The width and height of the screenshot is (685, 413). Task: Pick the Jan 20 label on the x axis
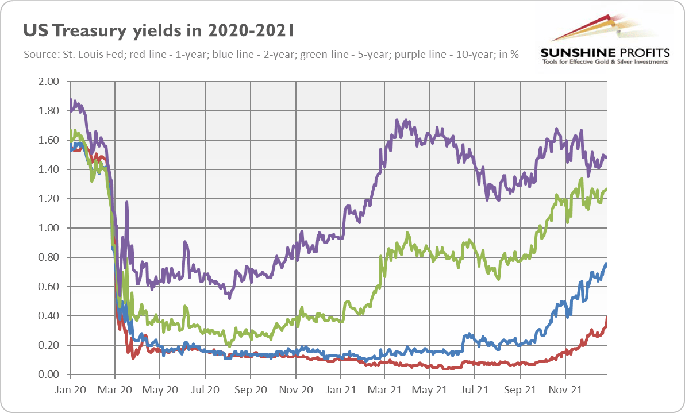coord(70,389)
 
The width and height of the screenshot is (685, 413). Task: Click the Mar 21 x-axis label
coord(386,389)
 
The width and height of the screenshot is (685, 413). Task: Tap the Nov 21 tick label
coord(565,389)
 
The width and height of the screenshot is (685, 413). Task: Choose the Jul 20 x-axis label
coord(205,389)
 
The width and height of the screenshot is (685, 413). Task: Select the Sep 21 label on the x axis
coord(521,389)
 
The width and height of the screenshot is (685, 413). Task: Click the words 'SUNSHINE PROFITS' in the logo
coord(605,53)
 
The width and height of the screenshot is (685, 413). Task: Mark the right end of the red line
coord(607,318)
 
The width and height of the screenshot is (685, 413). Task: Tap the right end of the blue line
coord(607,264)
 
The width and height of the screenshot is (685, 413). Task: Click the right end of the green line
coord(607,188)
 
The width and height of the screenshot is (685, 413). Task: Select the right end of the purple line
coord(607,157)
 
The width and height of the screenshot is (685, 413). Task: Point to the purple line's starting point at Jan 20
coord(71,100)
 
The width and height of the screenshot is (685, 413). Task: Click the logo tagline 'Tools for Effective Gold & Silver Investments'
coord(605,62)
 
